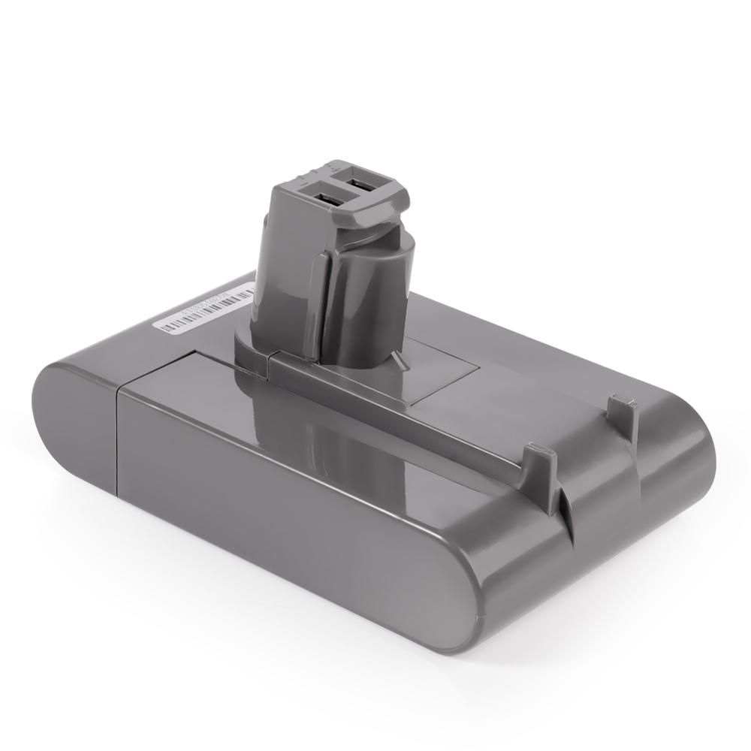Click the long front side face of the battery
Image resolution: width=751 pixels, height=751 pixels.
coord(300,518)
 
